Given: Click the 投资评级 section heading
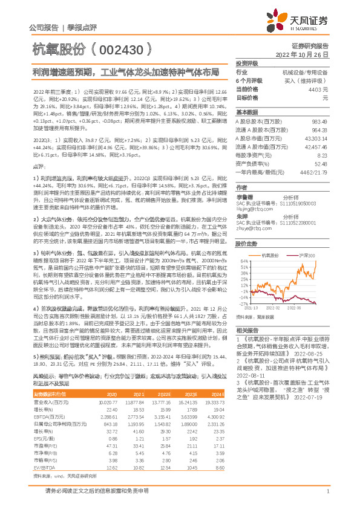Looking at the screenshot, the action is [x=247, y=63].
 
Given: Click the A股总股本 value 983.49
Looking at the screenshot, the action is [x=319, y=122].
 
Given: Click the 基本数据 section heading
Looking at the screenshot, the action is [x=247, y=113].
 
